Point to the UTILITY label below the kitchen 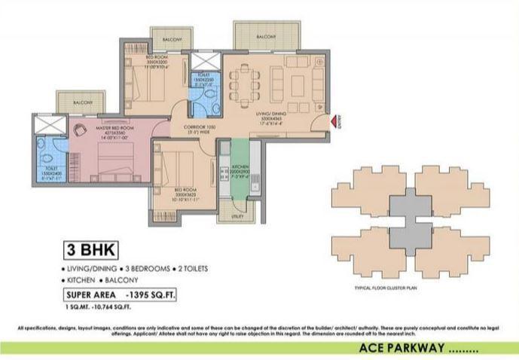point(238,215)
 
